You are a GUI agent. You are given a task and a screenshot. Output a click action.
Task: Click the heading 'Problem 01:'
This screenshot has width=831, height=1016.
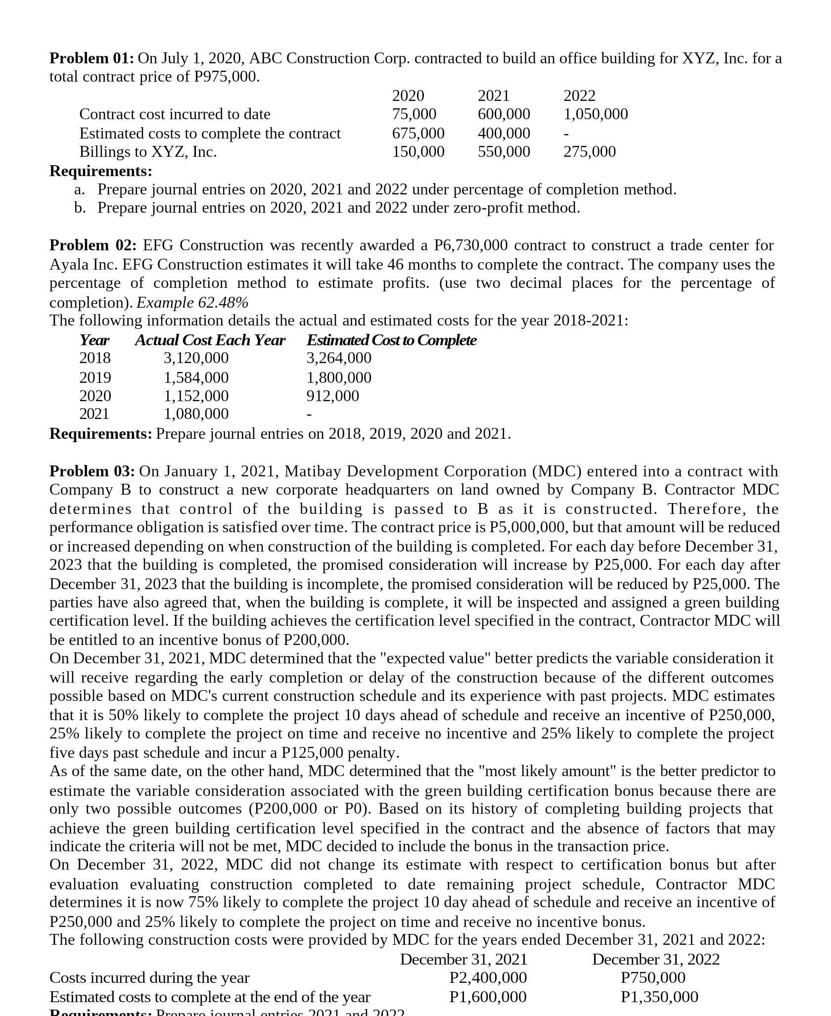pyautogui.click(x=92, y=58)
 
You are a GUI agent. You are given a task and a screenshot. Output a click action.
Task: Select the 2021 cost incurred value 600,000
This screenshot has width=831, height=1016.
pyautogui.click(x=504, y=114)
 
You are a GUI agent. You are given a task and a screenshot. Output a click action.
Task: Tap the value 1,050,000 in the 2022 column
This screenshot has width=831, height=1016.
pyautogui.click(x=596, y=114)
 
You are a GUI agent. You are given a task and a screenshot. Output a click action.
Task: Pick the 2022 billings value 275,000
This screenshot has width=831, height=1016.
pyautogui.click(x=590, y=152)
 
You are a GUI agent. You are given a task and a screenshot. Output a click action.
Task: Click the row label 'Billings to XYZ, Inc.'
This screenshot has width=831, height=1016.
pyautogui.click(x=148, y=152)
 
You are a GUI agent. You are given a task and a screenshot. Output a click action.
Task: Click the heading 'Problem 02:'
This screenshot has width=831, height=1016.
pyautogui.click(x=92, y=245)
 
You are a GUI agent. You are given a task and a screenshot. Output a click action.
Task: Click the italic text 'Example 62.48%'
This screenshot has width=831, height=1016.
pyautogui.click(x=192, y=302)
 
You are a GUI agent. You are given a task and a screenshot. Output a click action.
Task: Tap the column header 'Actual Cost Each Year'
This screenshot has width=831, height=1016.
pyautogui.click(x=210, y=340)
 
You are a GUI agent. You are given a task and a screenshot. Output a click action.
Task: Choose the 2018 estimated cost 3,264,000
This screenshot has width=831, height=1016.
pyautogui.click(x=339, y=358)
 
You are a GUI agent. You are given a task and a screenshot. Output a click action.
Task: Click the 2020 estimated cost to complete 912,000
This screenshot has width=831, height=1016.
pyautogui.click(x=333, y=396)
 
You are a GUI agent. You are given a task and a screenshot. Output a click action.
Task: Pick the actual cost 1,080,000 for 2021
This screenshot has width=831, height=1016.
pyautogui.click(x=196, y=414)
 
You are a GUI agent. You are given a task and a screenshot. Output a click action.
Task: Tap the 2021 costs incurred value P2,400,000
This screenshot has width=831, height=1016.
pyautogui.click(x=488, y=977)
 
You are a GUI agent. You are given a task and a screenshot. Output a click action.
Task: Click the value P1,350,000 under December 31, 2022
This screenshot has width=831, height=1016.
pyautogui.click(x=659, y=996)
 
